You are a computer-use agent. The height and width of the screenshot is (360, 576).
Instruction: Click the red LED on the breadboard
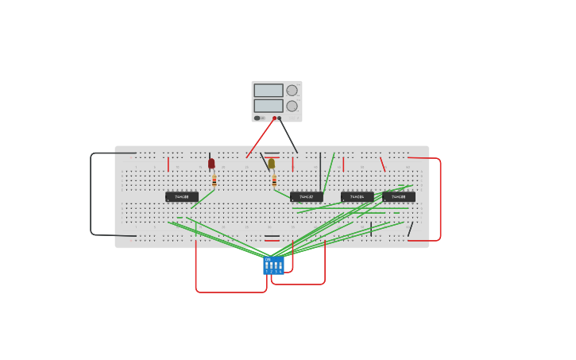click(211, 164)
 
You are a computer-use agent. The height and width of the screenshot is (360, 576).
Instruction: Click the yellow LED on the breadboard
click(271, 164)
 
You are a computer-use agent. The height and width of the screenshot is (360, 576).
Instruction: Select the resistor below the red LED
click(214, 180)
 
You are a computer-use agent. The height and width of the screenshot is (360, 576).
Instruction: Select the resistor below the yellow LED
click(274, 180)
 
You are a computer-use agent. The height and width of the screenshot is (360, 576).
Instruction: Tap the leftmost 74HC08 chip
click(182, 196)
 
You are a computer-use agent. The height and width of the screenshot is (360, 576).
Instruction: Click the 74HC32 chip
click(307, 196)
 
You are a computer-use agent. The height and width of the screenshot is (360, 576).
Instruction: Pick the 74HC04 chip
click(357, 196)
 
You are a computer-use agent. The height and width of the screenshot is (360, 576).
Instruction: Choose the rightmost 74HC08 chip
click(399, 196)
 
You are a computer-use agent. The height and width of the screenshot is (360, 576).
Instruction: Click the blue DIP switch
click(273, 265)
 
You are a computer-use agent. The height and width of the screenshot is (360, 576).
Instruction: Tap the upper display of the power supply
click(268, 91)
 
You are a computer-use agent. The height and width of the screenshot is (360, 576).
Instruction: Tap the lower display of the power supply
click(268, 106)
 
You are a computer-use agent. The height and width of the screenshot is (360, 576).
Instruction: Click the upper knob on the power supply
click(292, 91)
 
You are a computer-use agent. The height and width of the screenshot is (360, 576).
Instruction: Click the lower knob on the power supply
click(292, 106)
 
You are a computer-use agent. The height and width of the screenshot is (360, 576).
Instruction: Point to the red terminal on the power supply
click(274, 118)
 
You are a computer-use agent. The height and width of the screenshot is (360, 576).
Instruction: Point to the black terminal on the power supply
click(280, 118)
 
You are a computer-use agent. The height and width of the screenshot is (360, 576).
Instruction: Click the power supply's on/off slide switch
click(257, 118)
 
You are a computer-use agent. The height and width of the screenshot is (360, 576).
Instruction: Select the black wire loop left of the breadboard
click(91, 195)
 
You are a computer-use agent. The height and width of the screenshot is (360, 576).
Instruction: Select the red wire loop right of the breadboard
click(439, 199)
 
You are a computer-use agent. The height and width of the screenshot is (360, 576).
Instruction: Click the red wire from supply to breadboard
click(261, 137)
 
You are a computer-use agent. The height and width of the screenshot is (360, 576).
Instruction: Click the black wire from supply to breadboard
click(288, 135)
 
